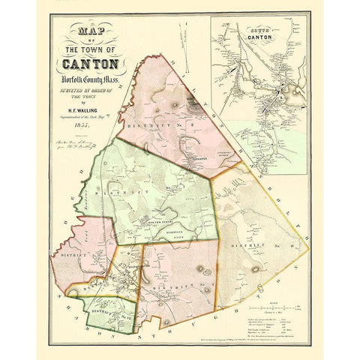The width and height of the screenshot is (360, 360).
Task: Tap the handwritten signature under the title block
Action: tap(86, 140)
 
